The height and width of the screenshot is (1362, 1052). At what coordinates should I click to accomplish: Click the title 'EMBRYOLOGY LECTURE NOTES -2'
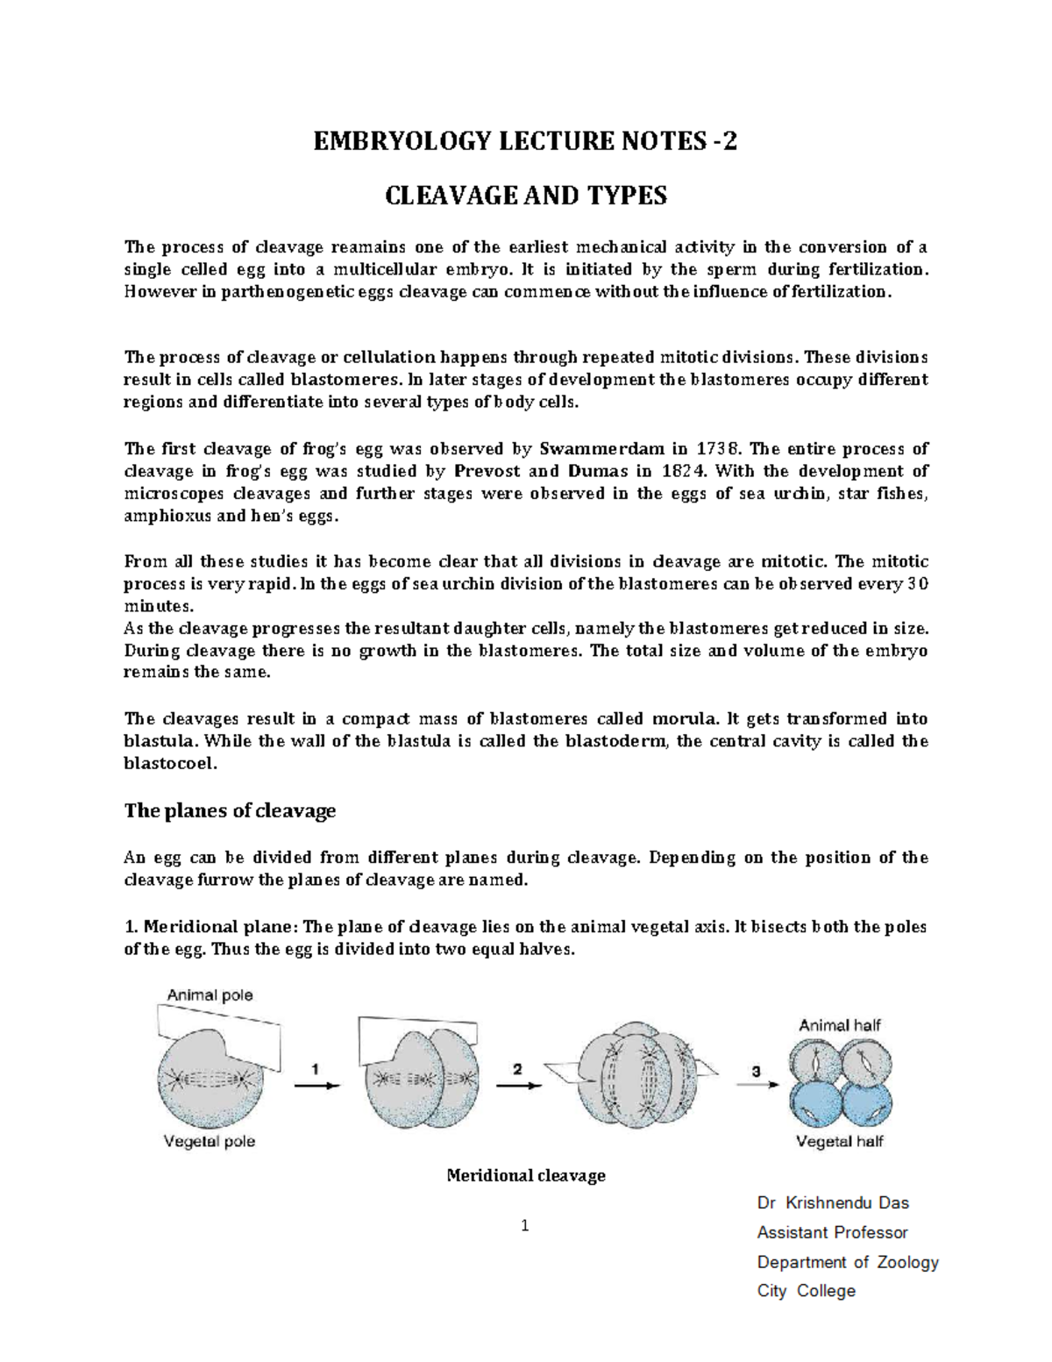click(x=525, y=140)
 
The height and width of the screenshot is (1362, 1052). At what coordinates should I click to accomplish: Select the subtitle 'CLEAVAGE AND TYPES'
click(x=526, y=195)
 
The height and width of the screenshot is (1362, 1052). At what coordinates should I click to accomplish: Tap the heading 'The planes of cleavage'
click(x=230, y=810)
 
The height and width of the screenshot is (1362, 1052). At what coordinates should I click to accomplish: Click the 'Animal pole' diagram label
click(x=210, y=995)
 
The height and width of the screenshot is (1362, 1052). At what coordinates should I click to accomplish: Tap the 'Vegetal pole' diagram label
click(x=210, y=1141)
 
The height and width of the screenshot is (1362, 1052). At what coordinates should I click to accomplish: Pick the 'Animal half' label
click(x=839, y=1024)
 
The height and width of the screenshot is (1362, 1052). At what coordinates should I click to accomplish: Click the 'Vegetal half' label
click(x=839, y=1141)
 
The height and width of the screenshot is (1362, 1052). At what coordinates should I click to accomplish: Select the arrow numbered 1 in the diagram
click(x=316, y=1084)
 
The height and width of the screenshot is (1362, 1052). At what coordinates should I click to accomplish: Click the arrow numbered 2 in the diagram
click(x=517, y=1084)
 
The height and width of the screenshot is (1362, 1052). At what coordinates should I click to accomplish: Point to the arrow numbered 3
click(x=756, y=1084)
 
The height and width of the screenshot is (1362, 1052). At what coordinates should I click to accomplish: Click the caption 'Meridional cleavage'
click(x=526, y=1175)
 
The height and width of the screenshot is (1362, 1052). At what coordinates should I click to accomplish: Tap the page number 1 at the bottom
click(x=525, y=1226)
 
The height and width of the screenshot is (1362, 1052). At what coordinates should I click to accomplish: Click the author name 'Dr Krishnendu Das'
click(x=833, y=1202)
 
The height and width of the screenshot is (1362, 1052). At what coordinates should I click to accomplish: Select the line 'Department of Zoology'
click(x=848, y=1262)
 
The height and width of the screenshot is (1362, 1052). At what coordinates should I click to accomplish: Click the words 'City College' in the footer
click(x=806, y=1291)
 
